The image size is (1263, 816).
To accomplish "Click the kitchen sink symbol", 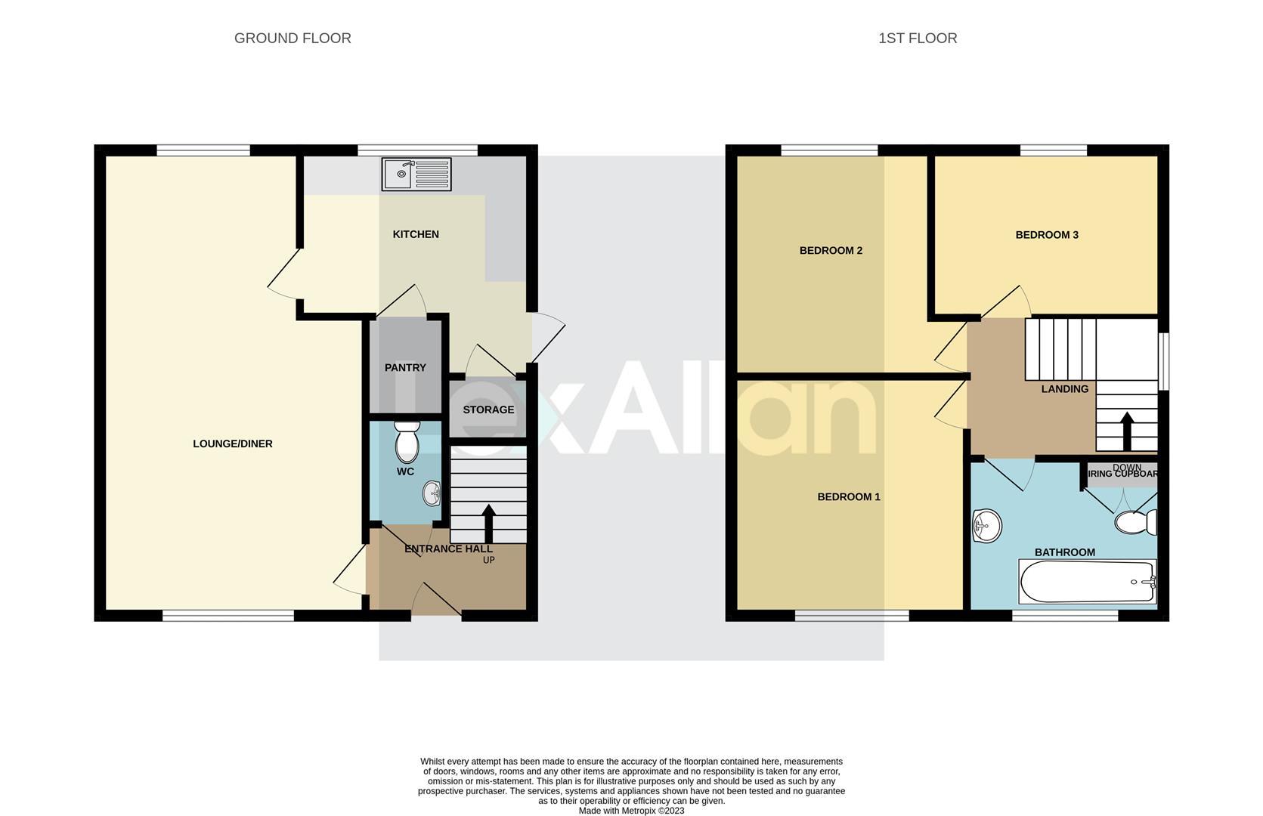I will click(x=416, y=174).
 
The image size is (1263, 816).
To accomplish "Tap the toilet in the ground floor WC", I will click(x=407, y=443).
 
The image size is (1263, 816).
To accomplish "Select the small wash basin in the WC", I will click(x=432, y=494).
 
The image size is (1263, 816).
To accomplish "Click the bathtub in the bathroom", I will click(x=1087, y=582).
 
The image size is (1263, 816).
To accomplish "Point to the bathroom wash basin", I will click(x=986, y=525).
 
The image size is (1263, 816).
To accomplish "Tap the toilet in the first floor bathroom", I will click(x=1135, y=522).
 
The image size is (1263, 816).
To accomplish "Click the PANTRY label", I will click(x=405, y=368).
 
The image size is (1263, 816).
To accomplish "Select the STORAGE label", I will click(x=488, y=410).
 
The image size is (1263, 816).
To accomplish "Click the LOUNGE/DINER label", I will click(x=233, y=444).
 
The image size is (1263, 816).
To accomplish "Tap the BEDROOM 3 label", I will click(x=1046, y=235).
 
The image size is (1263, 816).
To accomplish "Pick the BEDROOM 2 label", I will click(x=831, y=251).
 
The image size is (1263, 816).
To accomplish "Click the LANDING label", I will click(x=1064, y=389).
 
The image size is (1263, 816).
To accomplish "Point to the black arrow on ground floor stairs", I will click(x=488, y=521).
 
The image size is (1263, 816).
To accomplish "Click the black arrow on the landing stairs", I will click(x=1126, y=431).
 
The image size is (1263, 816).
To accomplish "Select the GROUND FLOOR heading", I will click(x=293, y=39).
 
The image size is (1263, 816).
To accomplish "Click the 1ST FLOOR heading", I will click(x=917, y=39).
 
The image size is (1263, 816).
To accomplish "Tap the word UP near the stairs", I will click(x=488, y=560).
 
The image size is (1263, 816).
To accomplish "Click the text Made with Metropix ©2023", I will click(x=631, y=811).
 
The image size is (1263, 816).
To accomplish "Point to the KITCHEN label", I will click(x=416, y=234).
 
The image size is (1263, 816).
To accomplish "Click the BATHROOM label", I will click(x=1064, y=552).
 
